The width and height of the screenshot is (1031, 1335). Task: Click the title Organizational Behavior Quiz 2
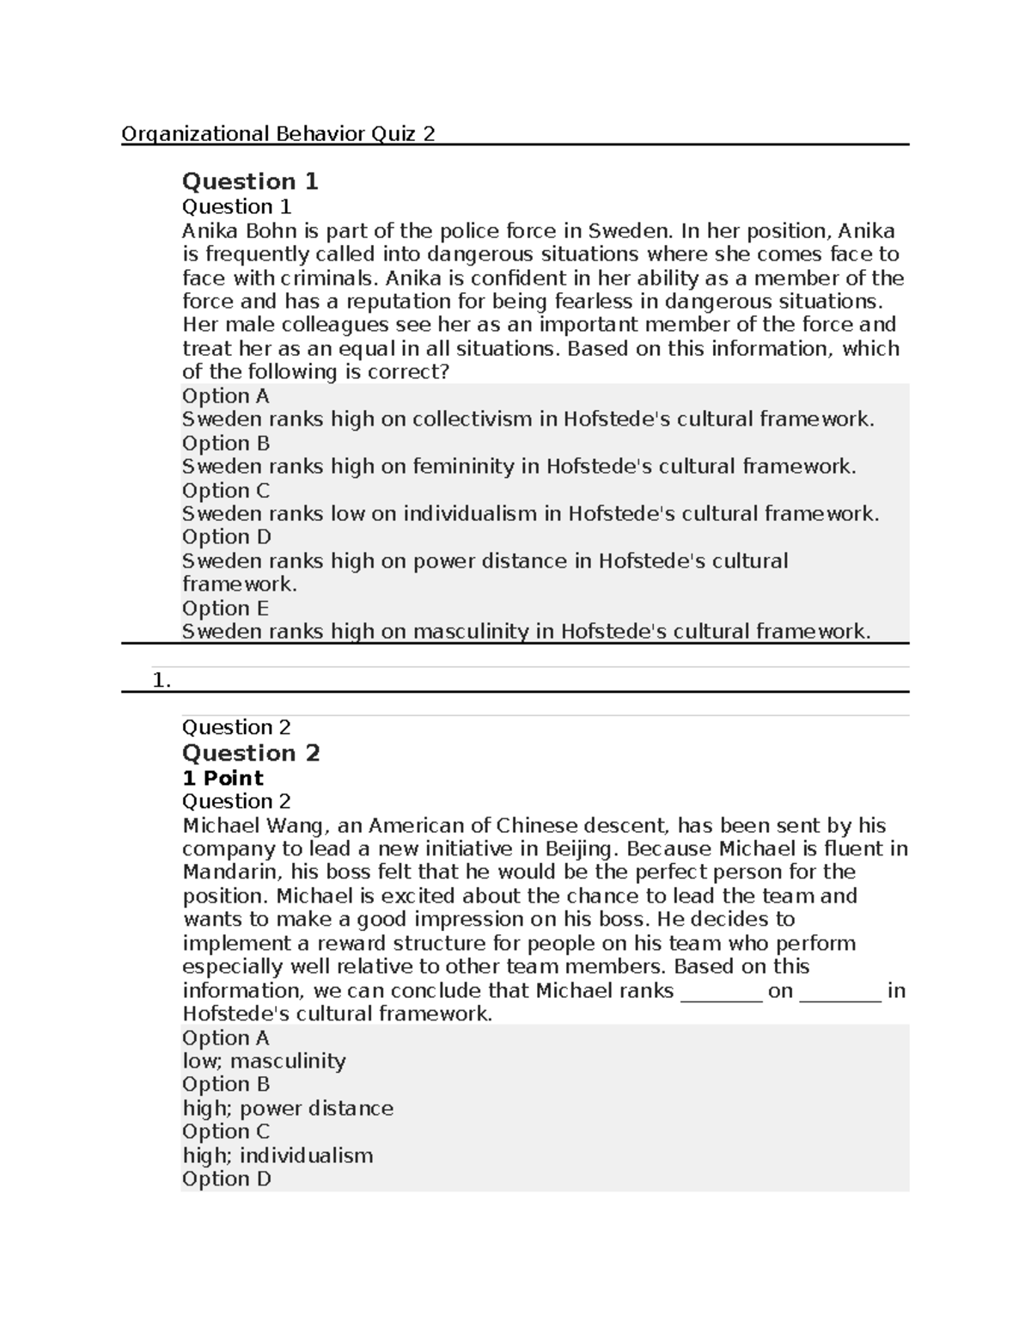pyautogui.click(x=278, y=134)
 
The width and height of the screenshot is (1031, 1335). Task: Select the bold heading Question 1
pyautogui.click(x=250, y=181)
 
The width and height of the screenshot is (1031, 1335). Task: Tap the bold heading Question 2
pyautogui.click(x=251, y=753)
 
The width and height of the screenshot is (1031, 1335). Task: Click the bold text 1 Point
pyautogui.click(x=223, y=778)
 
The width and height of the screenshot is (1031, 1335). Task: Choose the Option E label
pyautogui.click(x=225, y=609)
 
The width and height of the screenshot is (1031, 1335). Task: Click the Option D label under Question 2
pyautogui.click(x=226, y=1179)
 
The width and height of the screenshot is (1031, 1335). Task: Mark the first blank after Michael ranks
pyautogui.click(x=721, y=991)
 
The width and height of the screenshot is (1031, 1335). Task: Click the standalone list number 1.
pyautogui.click(x=162, y=680)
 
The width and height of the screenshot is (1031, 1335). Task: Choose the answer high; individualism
pyautogui.click(x=278, y=1155)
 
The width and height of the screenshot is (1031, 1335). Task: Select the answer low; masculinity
pyautogui.click(x=264, y=1062)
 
